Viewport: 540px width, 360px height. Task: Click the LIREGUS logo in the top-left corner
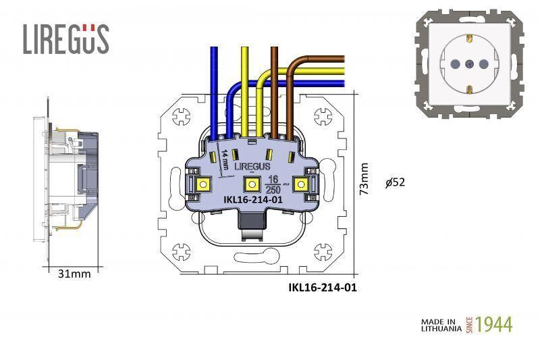click(65, 39)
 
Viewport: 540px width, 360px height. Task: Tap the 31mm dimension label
click(74, 274)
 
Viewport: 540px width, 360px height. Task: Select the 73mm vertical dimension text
click(364, 179)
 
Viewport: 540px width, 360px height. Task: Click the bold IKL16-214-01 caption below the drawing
click(322, 287)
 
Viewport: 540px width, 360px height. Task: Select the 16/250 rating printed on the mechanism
click(273, 184)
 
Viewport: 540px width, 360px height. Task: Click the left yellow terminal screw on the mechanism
click(202, 184)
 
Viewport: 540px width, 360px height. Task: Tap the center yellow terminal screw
click(250, 184)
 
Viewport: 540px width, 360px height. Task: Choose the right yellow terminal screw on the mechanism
click(300, 184)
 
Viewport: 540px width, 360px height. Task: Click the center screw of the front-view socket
click(469, 63)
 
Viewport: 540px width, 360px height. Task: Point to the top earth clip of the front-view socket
click(469, 36)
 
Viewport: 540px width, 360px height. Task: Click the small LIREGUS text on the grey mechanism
click(251, 165)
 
